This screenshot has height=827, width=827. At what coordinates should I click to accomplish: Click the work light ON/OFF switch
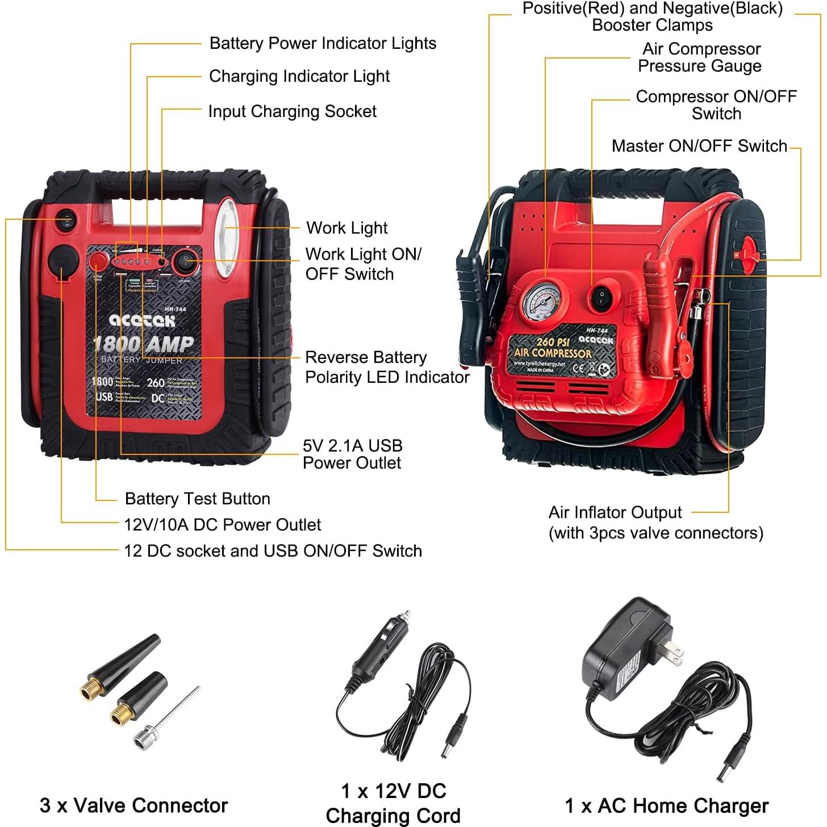(185, 262)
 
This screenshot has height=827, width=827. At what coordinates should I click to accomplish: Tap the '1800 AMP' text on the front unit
(143, 344)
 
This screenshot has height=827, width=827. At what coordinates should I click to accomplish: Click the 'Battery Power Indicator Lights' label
(323, 44)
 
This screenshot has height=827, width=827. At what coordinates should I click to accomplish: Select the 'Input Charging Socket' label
(292, 111)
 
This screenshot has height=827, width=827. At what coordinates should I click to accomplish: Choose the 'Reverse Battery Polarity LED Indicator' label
(387, 367)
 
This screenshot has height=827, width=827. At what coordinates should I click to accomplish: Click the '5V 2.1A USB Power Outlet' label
(352, 454)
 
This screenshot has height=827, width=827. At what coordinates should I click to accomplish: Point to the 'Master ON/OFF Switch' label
(699, 146)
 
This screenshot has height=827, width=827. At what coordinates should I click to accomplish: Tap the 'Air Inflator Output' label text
(615, 512)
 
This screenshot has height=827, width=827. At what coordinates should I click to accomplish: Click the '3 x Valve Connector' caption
(133, 805)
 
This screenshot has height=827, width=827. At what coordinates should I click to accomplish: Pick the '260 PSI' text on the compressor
(553, 341)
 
